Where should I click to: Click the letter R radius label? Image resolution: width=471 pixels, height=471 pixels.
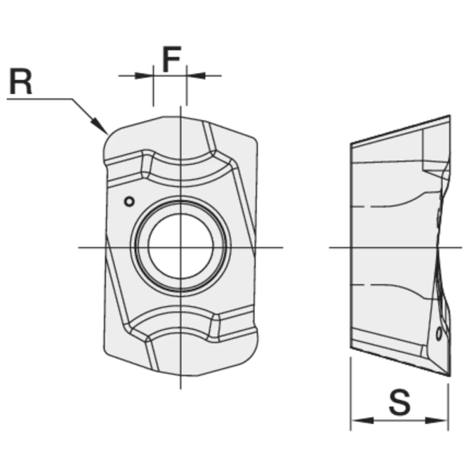[21, 81]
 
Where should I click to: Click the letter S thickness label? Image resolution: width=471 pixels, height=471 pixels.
[400, 402]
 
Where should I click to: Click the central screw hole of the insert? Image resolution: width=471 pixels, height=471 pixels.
[181, 246]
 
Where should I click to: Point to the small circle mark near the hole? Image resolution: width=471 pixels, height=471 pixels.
[130, 201]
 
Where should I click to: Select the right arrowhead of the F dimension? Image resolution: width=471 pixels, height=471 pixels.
[196, 75]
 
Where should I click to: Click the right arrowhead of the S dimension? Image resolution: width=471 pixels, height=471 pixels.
[436, 420]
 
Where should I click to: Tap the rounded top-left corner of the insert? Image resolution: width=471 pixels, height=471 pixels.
[110, 138]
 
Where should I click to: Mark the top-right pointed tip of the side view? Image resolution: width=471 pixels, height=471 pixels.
[450, 115]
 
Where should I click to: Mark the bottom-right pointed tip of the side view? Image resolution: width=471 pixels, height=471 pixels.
[450, 376]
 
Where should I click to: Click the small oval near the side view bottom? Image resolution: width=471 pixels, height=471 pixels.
[439, 333]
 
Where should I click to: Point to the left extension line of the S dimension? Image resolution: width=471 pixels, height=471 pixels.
[350, 394]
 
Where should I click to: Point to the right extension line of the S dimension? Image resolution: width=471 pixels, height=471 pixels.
[448, 407]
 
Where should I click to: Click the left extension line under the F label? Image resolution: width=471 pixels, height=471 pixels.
[154, 85]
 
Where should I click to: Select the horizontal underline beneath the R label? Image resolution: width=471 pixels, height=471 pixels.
[39, 99]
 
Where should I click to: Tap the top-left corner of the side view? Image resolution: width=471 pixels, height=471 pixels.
[351, 144]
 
